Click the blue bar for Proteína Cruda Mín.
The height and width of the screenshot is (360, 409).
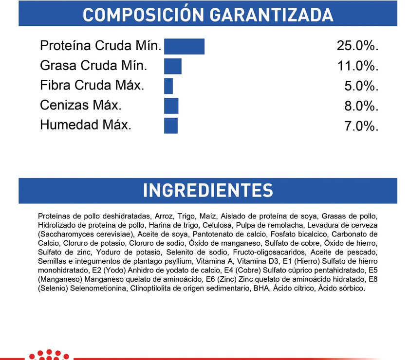pos(184,46)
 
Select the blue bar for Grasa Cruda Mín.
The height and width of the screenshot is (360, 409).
pos(173,66)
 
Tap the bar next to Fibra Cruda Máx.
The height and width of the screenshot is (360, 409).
pos(168,86)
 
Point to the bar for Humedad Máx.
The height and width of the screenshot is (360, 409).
pos(171,126)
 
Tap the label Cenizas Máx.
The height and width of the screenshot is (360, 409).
pos(81,105)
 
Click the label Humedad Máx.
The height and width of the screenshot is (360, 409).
pos(86,125)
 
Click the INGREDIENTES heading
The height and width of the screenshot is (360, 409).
pos(208,190)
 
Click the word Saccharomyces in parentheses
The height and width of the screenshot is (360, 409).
pos(65,234)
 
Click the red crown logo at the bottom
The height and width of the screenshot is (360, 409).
pos(47,355)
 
